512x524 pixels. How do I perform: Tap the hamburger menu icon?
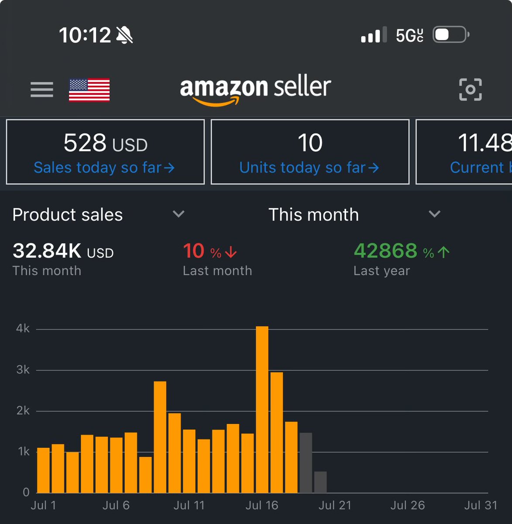tap(42, 90)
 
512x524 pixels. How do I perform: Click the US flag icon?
tap(89, 90)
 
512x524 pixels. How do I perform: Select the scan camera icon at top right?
tap(470, 90)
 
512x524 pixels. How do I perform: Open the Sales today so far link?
tap(104, 168)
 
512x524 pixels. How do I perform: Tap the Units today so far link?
tap(309, 168)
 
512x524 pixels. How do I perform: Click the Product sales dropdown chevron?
tap(179, 214)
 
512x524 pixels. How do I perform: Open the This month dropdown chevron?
tap(434, 214)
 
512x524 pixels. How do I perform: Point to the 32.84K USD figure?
tap(63, 251)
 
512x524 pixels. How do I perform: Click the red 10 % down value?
tap(210, 251)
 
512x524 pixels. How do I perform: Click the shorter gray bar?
tap(320, 482)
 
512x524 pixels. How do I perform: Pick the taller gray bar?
tap(306, 463)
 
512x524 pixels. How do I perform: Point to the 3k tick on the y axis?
tap(23, 370)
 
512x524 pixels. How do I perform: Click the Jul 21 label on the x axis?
tap(334, 505)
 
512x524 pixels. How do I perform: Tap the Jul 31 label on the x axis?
tap(480, 505)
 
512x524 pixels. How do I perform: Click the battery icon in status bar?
tap(450, 35)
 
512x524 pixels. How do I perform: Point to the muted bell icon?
tap(124, 35)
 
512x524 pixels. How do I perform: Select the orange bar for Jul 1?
tap(43, 470)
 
